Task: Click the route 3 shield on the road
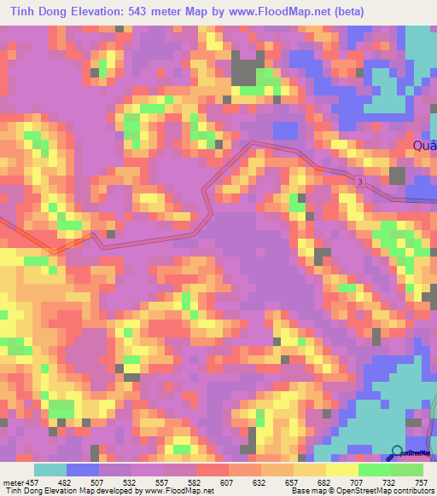(361, 183)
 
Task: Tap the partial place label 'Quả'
(424, 145)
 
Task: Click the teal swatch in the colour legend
(50, 470)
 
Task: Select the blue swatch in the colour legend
(83, 470)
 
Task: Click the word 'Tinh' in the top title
(16, 12)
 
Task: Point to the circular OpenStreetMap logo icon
(397, 452)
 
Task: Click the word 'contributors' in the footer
(414, 490)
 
